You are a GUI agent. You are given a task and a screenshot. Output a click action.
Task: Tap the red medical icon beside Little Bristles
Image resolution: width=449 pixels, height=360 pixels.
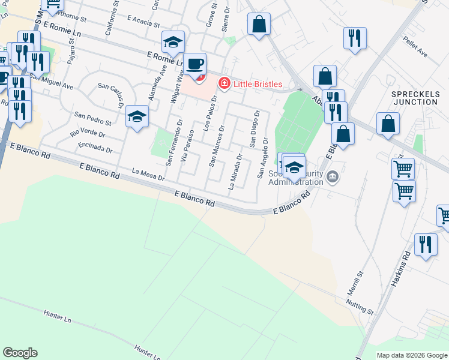[x=224, y=83]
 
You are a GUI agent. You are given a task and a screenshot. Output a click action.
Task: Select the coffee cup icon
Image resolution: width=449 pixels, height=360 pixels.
[x=194, y=64]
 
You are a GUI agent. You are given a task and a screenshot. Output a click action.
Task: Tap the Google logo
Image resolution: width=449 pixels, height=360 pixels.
[x=20, y=353]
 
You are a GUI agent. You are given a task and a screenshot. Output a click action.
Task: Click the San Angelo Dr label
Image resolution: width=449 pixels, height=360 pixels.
[x=262, y=158]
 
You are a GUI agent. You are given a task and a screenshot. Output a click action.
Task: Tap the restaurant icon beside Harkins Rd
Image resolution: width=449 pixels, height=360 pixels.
[x=426, y=245]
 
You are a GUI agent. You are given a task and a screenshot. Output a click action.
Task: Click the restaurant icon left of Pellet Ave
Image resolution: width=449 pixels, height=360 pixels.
[x=355, y=38]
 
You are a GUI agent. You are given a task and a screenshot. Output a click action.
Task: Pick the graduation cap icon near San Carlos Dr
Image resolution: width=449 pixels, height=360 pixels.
[x=137, y=116]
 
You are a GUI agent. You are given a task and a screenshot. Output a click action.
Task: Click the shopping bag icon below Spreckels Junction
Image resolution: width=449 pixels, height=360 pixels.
[x=388, y=124]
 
